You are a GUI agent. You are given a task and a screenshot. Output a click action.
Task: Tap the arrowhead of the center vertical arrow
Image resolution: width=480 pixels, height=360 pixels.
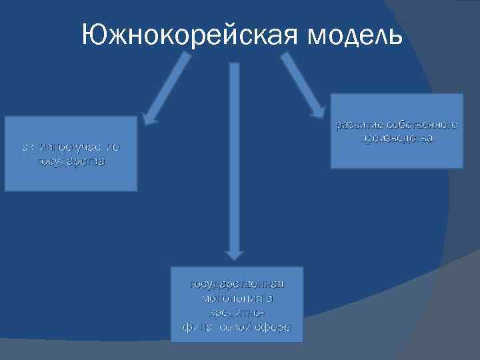pos(233,252)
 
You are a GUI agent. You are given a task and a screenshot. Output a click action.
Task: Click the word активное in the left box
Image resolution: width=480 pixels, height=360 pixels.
pos(46,147)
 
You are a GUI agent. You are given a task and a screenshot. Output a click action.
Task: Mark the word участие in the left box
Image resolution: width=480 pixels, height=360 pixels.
pos(97,147)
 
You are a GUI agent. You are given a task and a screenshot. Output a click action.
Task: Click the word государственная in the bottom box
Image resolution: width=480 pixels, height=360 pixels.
pos(237,285)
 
